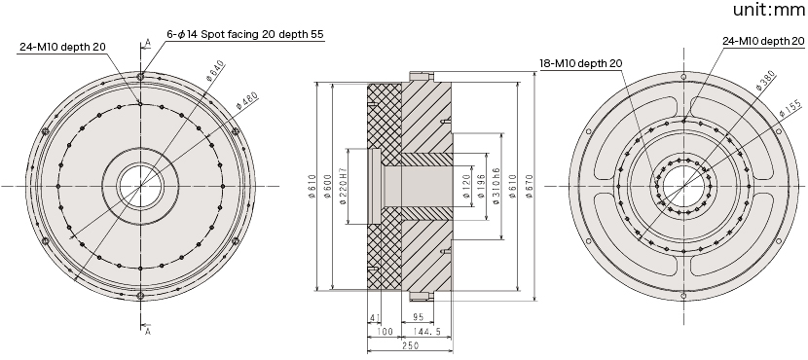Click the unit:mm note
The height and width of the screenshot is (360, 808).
(x=770, y=10)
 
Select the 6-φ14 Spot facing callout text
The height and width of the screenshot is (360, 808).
(x=244, y=34)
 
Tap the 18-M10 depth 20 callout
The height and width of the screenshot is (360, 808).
(x=581, y=63)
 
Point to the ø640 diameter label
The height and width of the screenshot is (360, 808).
(x=215, y=71)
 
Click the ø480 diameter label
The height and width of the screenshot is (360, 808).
(x=247, y=100)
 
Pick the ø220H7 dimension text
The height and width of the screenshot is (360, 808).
(x=343, y=186)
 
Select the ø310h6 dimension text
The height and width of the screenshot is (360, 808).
(x=496, y=186)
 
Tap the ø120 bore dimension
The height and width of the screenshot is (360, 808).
(x=465, y=187)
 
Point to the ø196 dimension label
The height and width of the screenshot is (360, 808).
(x=481, y=187)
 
